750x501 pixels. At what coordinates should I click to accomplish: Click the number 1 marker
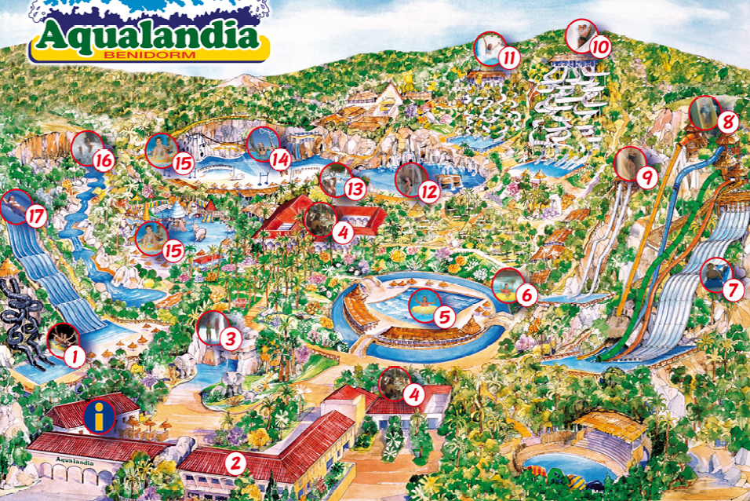pos(75,357)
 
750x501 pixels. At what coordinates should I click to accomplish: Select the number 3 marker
pos(229,339)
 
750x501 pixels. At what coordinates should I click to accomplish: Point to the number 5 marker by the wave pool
pos(444,317)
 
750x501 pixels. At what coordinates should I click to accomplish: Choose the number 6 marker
pos(526,295)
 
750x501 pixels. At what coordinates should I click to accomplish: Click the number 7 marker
pos(732,290)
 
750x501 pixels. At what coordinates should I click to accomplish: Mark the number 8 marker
pos(728,123)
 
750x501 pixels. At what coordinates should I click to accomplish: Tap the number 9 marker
pos(646,178)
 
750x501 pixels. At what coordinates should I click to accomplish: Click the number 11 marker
pos(509,57)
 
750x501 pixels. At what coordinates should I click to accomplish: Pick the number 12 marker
pos(428,192)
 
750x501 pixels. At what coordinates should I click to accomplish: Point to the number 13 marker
pos(355,189)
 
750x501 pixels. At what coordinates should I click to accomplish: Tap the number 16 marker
pos(104,161)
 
